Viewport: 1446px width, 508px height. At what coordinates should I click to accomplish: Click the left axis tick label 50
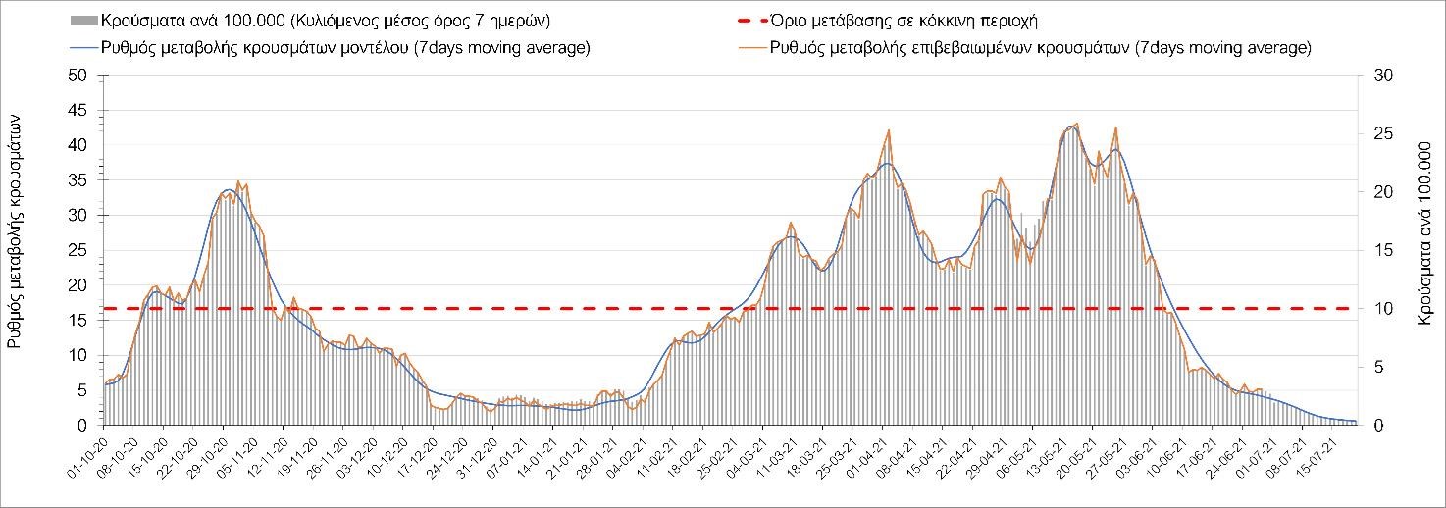click(79, 76)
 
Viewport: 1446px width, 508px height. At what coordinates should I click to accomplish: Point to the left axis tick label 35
click(79, 180)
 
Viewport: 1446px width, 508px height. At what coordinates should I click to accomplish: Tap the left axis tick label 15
click(79, 321)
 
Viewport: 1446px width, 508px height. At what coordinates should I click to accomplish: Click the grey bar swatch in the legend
click(83, 20)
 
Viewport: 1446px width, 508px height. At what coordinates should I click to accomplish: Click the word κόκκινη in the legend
click(955, 20)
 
